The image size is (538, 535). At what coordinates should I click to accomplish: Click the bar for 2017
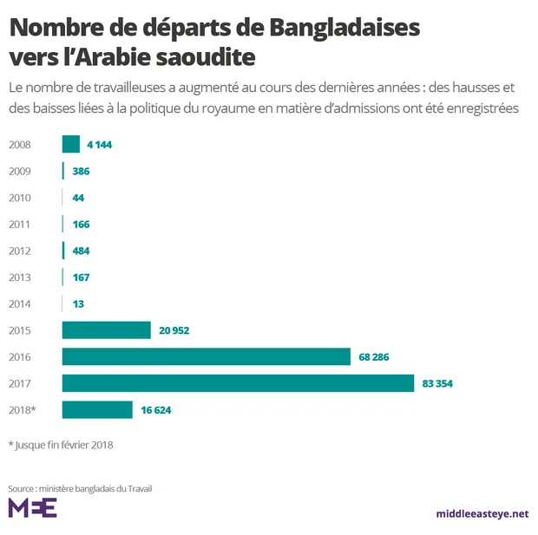click(x=238, y=383)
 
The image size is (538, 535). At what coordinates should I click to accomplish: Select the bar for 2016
click(x=206, y=356)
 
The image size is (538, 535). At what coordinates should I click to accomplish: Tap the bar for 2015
click(x=106, y=330)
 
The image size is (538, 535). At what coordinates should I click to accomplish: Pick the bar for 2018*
click(x=97, y=410)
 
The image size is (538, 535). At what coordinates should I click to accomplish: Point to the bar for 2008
click(x=71, y=145)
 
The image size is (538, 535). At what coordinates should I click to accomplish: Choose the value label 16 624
click(x=156, y=410)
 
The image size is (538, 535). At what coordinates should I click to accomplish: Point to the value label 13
click(x=78, y=304)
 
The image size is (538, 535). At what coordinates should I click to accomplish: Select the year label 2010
click(x=19, y=198)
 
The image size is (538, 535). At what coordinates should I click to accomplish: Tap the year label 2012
click(x=19, y=251)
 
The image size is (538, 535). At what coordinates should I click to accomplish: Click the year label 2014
click(x=19, y=304)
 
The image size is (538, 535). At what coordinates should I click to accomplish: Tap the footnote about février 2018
click(x=61, y=445)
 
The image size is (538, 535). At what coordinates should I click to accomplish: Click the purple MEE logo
click(x=32, y=508)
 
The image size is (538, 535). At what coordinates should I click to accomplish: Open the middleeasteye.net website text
click(x=482, y=513)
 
